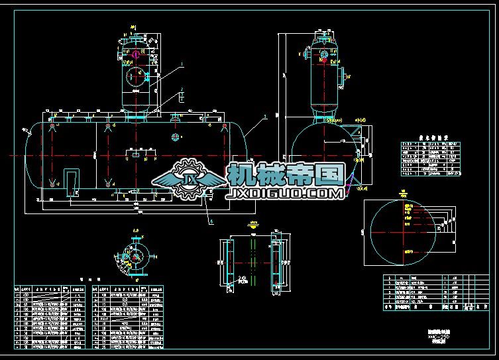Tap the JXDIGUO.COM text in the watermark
285,194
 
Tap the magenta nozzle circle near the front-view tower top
135,51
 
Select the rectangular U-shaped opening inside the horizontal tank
70,181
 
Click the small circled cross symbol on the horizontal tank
175,137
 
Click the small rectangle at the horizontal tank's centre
135,154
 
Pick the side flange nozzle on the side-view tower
344,75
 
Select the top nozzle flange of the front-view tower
135,35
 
